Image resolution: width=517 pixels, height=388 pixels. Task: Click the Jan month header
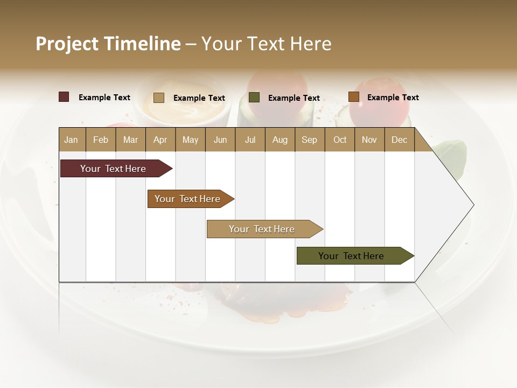coord(72,140)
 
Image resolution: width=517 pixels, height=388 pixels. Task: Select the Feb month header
coord(101,140)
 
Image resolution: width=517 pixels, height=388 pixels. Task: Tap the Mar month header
coord(130,140)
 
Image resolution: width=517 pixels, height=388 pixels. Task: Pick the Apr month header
coord(160,140)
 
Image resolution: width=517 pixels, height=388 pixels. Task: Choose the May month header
coord(190,140)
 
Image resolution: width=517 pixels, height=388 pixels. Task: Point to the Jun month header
coord(220,140)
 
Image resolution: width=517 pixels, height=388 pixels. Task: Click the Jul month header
coord(250,140)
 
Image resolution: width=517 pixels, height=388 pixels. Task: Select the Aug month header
coord(280,140)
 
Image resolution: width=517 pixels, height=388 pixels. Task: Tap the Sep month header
coord(310,140)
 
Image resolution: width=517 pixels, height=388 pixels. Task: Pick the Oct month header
coord(340,140)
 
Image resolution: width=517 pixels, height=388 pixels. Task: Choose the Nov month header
coord(369,140)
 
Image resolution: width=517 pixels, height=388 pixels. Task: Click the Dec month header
coord(400,140)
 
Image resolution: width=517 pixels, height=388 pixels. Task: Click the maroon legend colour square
coord(64,97)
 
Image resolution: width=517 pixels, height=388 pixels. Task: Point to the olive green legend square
coord(254,98)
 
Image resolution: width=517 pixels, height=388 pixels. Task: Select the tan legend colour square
coord(159,98)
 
